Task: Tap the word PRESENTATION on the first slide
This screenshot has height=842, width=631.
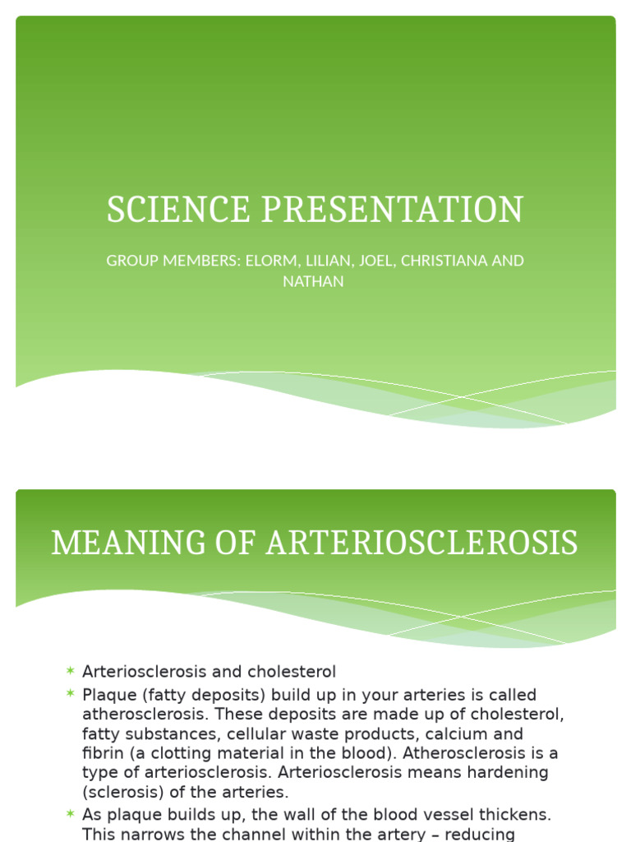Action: click(x=392, y=210)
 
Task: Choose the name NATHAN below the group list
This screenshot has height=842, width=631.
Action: click(x=315, y=281)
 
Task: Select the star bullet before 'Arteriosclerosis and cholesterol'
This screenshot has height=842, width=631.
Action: click(x=71, y=672)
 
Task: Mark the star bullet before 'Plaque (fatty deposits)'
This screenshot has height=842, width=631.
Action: click(x=71, y=695)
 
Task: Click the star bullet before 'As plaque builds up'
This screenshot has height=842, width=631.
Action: click(x=71, y=815)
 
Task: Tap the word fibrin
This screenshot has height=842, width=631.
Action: click(x=102, y=753)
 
